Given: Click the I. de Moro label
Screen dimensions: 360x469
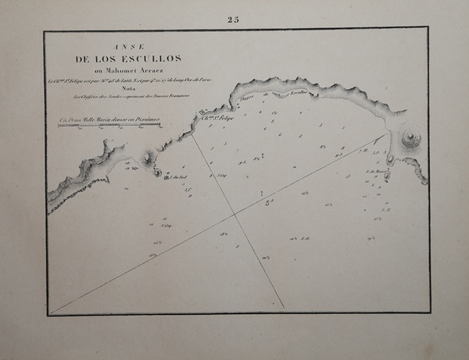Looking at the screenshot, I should [x=377, y=170].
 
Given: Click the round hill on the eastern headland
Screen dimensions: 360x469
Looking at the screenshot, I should [x=410, y=141].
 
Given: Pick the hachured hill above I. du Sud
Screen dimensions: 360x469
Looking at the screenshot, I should [x=149, y=160].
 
